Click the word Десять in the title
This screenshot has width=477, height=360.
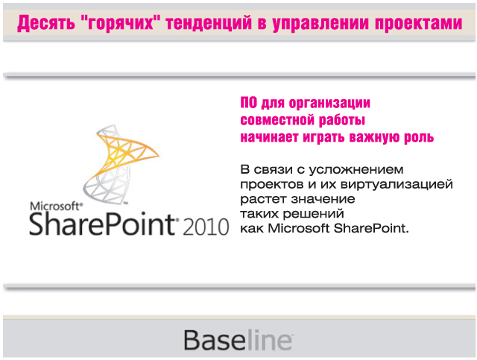point(47,24)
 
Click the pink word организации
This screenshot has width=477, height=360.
point(327,104)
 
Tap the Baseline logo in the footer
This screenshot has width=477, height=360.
point(238,340)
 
